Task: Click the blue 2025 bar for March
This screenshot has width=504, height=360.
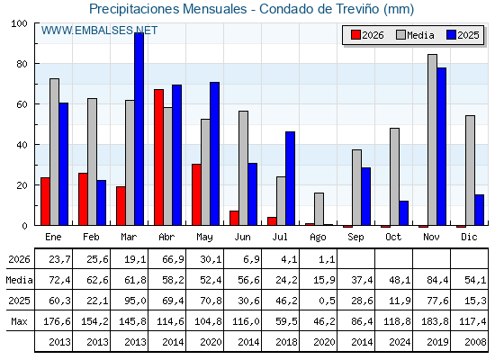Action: pyautogui.click(x=139, y=129)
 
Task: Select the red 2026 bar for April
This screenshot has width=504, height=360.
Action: pyautogui.click(x=158, y=157)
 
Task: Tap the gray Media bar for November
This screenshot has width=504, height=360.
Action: pyautogui.click(x=432, y=139)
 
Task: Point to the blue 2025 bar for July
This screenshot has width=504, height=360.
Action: pyautogui.click(x=290, y=178)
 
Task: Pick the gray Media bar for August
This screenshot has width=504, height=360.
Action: pyautogui.click(x=319, y=209)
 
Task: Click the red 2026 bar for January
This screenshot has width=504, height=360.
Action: pyautogui.click(x=45, y=202)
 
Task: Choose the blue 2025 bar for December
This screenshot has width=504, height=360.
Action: pyautogui.click(x=479, y=210)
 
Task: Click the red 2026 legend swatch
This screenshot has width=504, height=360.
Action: pyautogui.click(x=355, y=35)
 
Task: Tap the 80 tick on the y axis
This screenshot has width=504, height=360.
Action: pyautogui.click(x=22, y=64)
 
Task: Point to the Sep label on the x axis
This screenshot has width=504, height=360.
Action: pyautogui.click(x=355, y=238)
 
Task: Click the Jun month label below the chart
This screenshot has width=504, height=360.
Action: pyautogui.click(x=242, y=238)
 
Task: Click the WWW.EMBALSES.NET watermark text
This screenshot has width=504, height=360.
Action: pyautogui.click(x=99, y=31)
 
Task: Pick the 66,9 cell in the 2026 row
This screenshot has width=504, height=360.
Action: pyautogui.click(x=173, y=259)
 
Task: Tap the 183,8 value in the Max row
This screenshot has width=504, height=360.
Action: pyautogui.click(x=435, y=321)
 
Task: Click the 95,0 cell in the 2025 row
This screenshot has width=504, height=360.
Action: pyautogui.click(x=135, y=301)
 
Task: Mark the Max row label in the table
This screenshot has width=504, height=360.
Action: pyautogui.click(x=19, y=321)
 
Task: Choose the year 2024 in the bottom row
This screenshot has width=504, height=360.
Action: pyautogui.click(x=400, y=342)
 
